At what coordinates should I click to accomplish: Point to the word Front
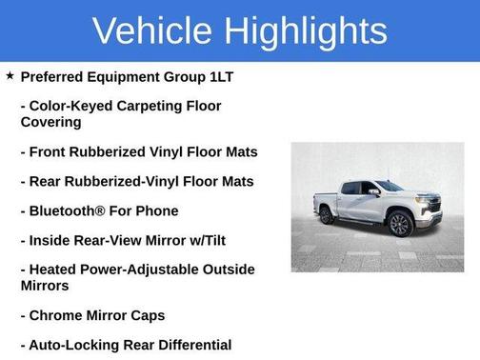tap(50, 151)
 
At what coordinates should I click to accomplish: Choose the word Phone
tap(157, 210)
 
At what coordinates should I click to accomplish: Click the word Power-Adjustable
tap(143, 270)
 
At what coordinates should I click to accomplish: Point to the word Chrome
tap(55, 315)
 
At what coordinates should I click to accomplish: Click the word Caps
tap(145, 315)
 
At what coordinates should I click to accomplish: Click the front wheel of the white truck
tap(400, 225)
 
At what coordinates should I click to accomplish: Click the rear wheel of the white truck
tap(328, 216)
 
